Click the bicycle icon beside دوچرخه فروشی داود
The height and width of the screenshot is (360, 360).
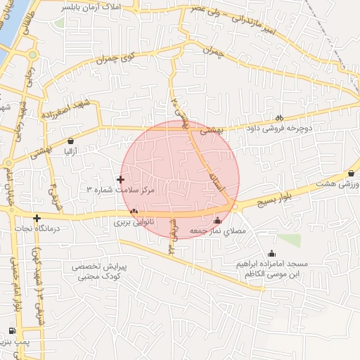point(279,118)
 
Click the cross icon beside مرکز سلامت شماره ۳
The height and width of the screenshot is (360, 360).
point(120,180)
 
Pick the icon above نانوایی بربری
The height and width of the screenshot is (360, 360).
point(134,211)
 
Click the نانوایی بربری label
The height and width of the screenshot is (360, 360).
point(133,221)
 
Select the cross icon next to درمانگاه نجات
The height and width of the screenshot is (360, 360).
point(37,218)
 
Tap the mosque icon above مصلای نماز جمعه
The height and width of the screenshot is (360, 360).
point(217,219)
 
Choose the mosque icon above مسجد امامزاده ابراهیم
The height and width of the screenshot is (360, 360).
point(272,254)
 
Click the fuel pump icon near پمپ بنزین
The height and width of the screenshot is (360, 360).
point(11,331)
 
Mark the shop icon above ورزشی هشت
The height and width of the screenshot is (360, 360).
point(351,173)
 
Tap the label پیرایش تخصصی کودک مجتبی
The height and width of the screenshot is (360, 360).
point(98,273)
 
